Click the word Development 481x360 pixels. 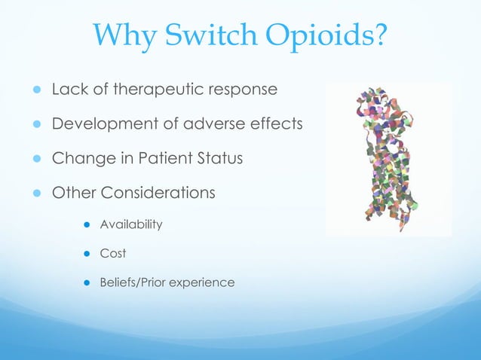98,125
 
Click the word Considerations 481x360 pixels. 158,194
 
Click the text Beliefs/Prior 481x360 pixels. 133,283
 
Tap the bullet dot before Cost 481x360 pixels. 87,254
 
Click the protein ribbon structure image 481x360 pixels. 388,159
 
